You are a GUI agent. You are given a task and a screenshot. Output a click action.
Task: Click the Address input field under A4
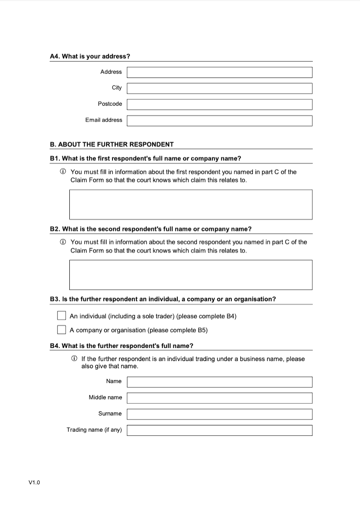pyautogui.click(x=219, y=72)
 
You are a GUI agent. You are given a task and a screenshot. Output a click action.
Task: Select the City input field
pyautogui.click(x=219, y=88)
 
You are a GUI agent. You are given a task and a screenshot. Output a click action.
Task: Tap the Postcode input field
pyautogui.click(x=219, y=104)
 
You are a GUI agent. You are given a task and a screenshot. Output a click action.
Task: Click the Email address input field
pyautogui.click(x=219, y=121)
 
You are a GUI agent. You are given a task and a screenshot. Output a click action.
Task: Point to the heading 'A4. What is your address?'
pyautogui.click(x=90, y=56)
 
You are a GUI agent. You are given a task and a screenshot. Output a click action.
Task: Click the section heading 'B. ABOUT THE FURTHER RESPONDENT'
pyautogui.click(x=112, y=144)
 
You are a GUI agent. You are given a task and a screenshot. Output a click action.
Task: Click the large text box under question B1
pyautogui.click(x=190, y=204)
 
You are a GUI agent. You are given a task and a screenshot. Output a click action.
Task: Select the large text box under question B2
pyautogui.click(x=190, y=275)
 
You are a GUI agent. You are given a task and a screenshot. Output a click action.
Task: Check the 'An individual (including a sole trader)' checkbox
pyautogui.click(x=62, y=316)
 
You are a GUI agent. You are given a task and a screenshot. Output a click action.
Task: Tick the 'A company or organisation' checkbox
pyautogui.click(x=62, y=330)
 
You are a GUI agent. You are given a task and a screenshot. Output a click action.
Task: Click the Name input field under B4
pyautogui.click(x=219, y=382)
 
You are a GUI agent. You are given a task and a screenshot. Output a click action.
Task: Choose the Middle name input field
pyautogui.click(x=219, y=398)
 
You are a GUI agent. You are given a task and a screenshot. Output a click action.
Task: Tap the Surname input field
pyautogui.click(x=219, y=414)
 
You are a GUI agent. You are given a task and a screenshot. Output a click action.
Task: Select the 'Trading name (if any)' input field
pyautogui.click(x=219, y=430)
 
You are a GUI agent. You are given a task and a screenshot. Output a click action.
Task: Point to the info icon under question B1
pyautogui.click(x=63, y=172)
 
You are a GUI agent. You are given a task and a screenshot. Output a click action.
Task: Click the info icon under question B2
pyautogui.click(x=63, y=242)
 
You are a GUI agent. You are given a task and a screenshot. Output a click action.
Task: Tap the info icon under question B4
pyautogui.click(x=74, y=359)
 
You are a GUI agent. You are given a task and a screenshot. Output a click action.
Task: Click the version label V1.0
pyautogui.click(x=34, y=483)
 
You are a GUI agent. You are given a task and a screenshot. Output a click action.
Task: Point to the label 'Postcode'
pyautogui.click(x=110, y=104)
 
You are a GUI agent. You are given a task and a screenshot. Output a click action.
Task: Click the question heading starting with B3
pyautogui.click(x=163, y=299)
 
